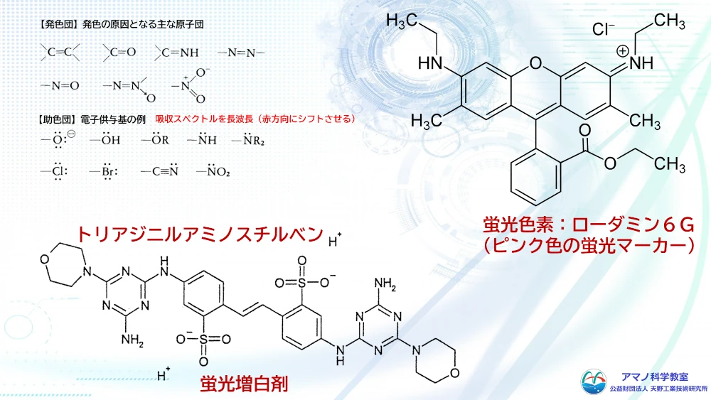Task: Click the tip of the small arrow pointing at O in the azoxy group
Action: [x=147, y=94]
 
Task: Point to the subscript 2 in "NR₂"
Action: [x=262, y=143]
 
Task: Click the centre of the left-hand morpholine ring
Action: [x=64, y=264]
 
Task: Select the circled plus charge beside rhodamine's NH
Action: [x=622, y=50]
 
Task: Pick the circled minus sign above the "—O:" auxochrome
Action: [x=70, y=134]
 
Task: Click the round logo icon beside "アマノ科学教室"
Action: [x=594, y=382]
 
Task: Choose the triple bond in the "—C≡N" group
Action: [x=164, y=171]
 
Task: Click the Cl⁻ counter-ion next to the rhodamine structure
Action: [x=603, y=29]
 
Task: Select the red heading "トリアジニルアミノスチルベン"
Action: [x=200, y=234]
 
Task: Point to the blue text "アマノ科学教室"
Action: [x=654, y=377]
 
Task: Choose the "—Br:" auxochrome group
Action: [x=103, y=171]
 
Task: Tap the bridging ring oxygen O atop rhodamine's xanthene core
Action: [x=536, y=63]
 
